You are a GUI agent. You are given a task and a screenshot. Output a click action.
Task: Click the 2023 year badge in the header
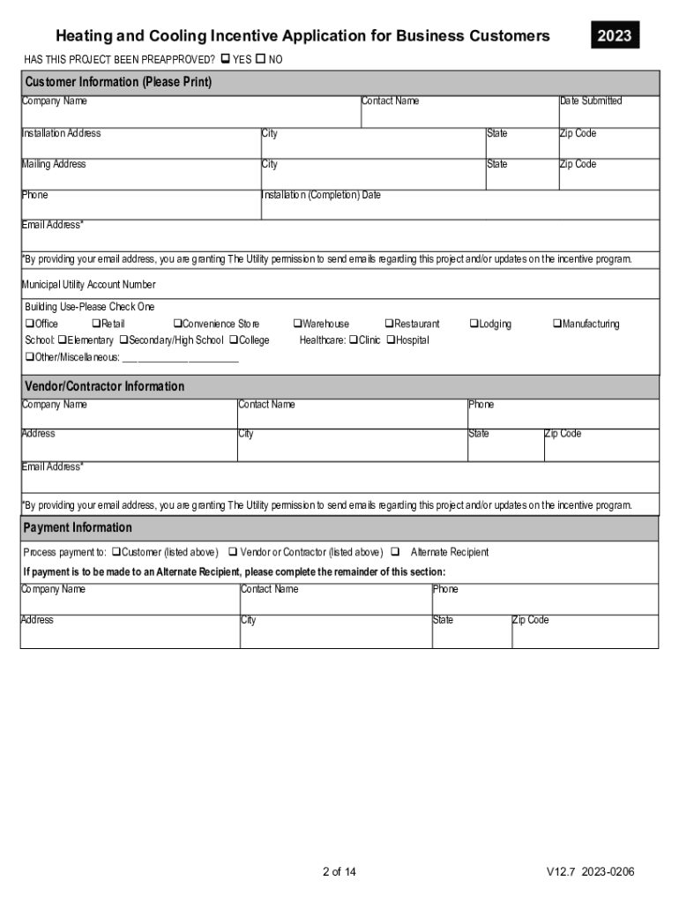614,36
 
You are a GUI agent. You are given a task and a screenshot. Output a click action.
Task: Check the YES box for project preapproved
225,59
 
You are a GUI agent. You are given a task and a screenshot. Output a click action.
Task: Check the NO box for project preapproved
261,59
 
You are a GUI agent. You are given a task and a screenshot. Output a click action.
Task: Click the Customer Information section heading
118,82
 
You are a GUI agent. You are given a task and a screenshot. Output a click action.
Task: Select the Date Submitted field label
590,101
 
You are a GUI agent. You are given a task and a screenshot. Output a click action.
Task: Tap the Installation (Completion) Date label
321,195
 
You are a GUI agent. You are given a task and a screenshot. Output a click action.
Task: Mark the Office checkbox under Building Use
29,325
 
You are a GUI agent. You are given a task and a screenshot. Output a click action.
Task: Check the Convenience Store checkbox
177,325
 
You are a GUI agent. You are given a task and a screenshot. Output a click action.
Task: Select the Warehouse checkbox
297,325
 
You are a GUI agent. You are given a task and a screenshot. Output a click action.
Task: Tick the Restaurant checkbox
389,325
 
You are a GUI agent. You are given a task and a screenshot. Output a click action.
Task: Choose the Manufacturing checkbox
557,325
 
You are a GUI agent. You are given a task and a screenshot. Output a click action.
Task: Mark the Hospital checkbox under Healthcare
391,340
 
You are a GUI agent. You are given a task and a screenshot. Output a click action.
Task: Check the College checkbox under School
234,340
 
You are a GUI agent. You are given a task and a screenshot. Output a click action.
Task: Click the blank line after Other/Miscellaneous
180,358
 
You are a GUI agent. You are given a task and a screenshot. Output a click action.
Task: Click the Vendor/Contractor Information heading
104,386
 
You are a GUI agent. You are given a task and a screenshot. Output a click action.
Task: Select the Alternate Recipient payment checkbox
394,552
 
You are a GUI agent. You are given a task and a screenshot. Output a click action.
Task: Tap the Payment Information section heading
78,527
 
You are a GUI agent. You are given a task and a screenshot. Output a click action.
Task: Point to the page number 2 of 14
339,872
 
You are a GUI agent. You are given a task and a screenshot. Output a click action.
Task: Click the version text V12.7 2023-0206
589,872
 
